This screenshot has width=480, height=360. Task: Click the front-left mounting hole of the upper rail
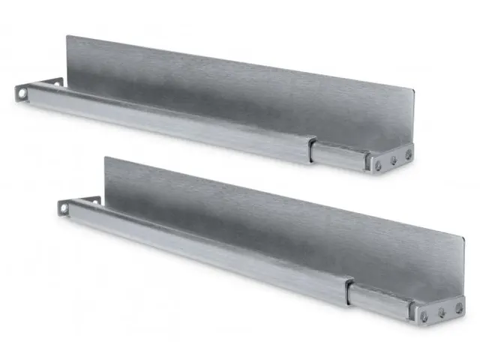(23, 94)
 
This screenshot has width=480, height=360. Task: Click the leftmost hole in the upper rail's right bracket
(379, 163)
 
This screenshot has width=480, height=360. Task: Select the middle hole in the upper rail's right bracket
(394, 159)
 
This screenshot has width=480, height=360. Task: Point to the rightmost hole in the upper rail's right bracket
(408, 154)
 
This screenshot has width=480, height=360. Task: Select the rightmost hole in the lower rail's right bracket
(457, 306)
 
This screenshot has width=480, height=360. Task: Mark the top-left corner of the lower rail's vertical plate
(105, 157)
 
